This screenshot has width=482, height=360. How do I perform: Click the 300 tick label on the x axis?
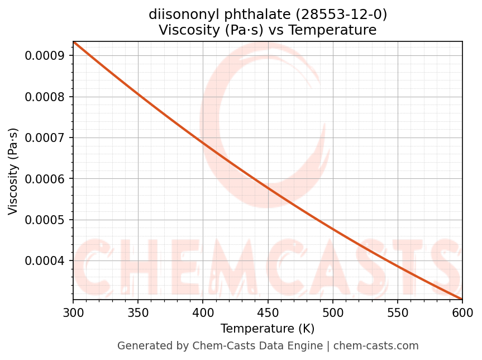pyautogui.click(x=73, y=311)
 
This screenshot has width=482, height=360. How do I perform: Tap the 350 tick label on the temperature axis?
pyautogui.click(x=138, y=311)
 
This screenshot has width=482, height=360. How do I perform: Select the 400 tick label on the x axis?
pyautogui.click(x=203, y=311)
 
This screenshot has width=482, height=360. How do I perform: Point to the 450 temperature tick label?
pyautogui.click(x=268, y=311)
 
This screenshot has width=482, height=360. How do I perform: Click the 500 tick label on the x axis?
pyautogui.click(x=333, y=311)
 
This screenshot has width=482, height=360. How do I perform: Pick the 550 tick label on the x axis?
pyautogui.click(x=398, y=311)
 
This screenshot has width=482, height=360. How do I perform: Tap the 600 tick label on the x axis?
pyautogui.click(x=462, y=311)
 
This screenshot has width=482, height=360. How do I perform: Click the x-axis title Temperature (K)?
pyautogui.click(x=268, y=328)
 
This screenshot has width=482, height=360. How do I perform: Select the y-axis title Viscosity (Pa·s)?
pyautogui.click(x=13, y=171)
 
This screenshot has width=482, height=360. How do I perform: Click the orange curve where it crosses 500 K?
pyautogui.click(x=333, y=229)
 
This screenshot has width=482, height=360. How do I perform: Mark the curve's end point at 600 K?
pyautogui.click(x=462, y=299)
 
